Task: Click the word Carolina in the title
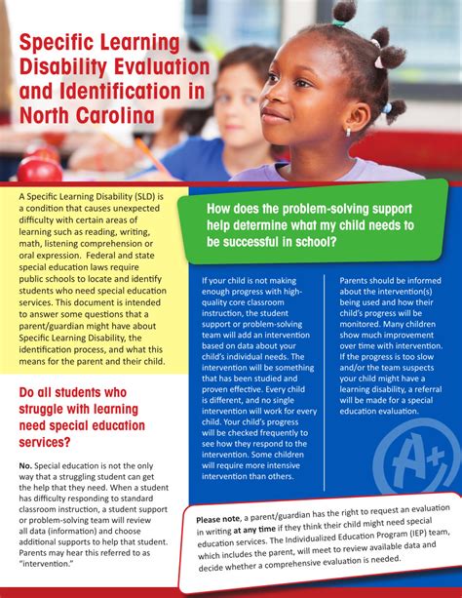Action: click(108, 117)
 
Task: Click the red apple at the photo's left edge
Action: click(39, 170)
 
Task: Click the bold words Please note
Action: click(221, 520)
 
